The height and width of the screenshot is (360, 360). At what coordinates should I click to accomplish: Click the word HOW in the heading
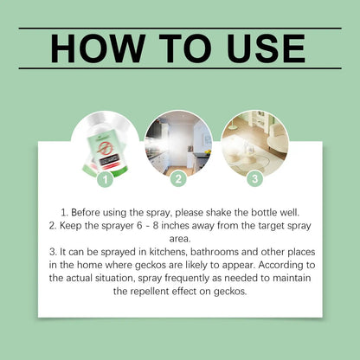(98, 48)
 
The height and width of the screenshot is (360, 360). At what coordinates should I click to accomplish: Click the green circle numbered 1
(106, 179)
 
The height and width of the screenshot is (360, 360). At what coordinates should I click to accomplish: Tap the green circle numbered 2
(178, 179)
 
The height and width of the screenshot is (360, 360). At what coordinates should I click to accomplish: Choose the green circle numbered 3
(255, 178)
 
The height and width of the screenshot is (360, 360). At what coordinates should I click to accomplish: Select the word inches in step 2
(175, 226)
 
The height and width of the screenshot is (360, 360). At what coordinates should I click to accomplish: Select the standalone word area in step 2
(180, 239)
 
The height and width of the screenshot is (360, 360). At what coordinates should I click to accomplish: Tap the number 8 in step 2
(156, 226)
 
